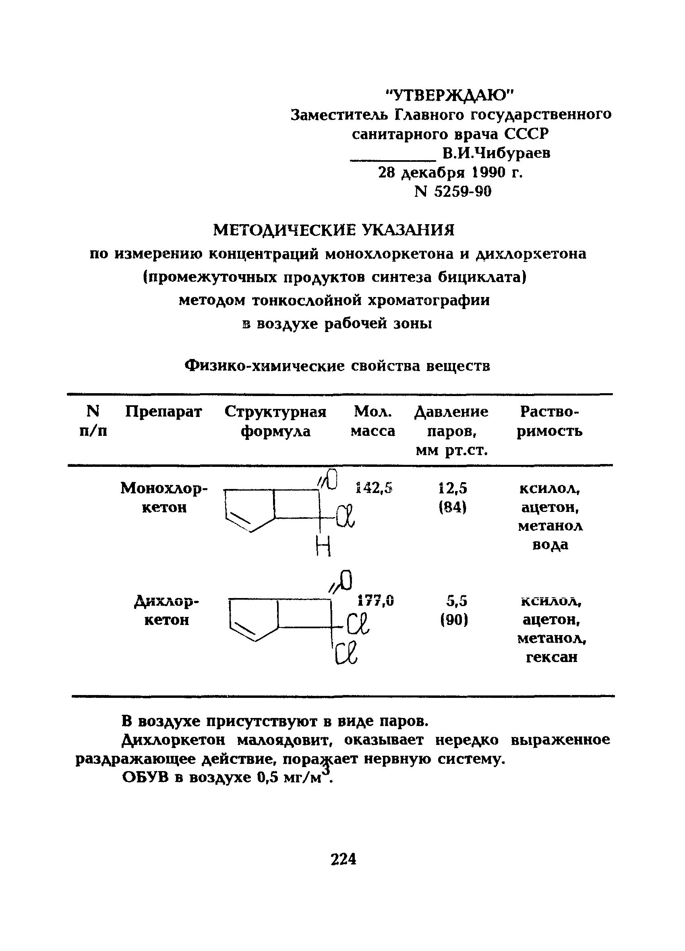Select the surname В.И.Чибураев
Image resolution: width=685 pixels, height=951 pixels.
496,153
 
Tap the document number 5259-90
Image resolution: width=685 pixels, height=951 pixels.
462,192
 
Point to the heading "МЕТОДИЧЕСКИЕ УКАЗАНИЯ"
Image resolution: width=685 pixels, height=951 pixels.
334,230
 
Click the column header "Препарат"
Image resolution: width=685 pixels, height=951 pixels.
163,412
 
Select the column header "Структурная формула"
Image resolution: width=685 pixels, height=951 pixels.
275,421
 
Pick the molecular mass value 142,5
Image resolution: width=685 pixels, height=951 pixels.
374,488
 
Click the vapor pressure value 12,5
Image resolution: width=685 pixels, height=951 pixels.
453,489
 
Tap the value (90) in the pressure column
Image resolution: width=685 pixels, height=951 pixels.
454,620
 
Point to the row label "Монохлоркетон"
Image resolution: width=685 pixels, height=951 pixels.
164,498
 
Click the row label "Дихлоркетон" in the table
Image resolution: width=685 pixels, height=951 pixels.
167,611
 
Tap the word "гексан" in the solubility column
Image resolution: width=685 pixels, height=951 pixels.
551,657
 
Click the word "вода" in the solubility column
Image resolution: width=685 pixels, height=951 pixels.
550,544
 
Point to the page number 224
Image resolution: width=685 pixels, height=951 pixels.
343,859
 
